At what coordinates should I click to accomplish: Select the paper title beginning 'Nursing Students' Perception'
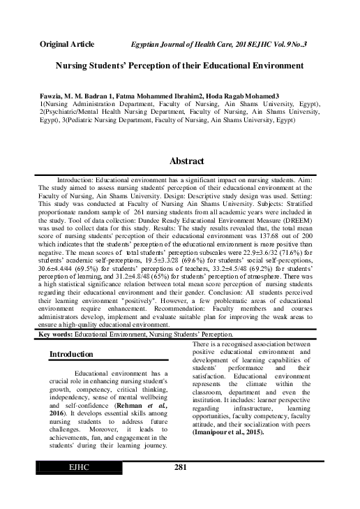(179, 65)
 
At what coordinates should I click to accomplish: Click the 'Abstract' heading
(186, 161)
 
